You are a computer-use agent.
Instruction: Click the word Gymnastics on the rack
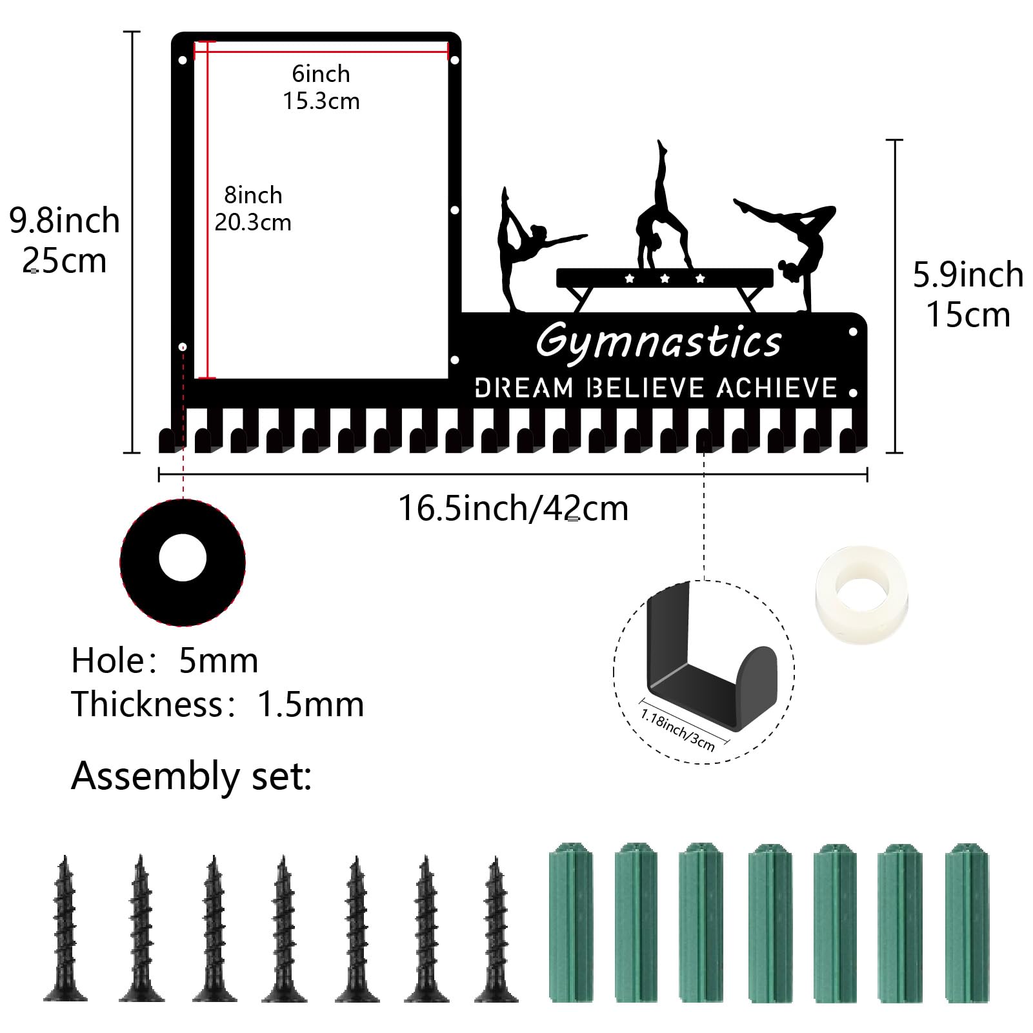[x=659, y=341]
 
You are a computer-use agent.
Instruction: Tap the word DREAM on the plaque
[x=524, y=388]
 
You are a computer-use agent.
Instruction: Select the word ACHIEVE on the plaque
[x=777, y=388]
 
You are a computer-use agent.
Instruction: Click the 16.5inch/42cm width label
[x=514, y=508]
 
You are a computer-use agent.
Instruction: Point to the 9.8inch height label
[x=65, y=221]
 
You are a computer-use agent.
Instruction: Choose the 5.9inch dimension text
[x=968, y=275]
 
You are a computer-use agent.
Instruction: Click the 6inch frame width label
[x=321, y=74]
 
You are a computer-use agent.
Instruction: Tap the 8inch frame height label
[x=253, y=195]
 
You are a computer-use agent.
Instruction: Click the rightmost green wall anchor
[x=967, y=922]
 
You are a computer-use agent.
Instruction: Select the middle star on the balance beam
[x=665, y=279]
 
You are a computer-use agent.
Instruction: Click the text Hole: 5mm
[x=165, y=661]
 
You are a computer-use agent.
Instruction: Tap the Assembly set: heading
[x=192, y=776]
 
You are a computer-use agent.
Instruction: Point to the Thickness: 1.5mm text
[x=217, y=704]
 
